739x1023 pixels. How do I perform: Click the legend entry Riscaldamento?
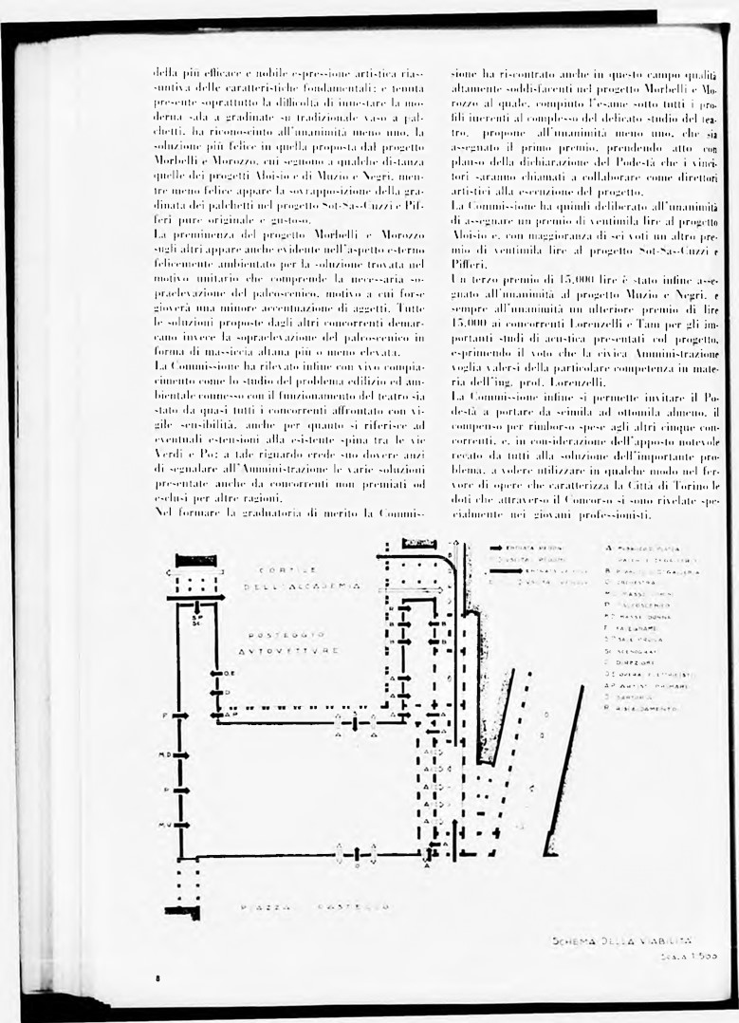655,708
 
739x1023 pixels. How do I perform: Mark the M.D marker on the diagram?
164,755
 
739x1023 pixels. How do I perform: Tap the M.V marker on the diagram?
164,824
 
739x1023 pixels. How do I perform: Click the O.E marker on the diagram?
230,673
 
